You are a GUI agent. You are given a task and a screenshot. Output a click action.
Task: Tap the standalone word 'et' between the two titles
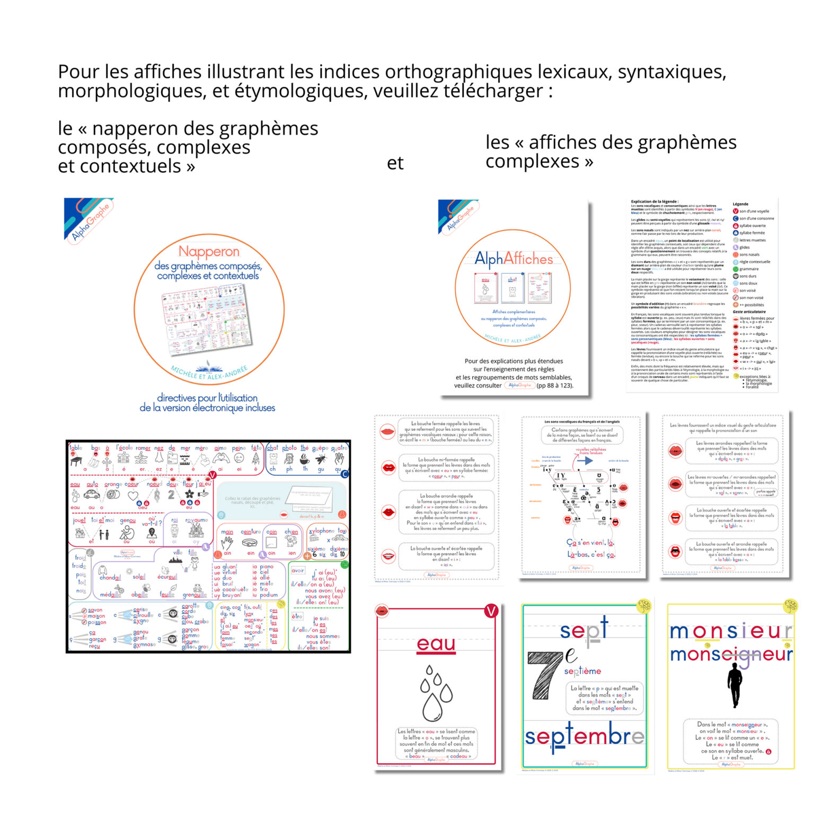(x=395, y=163)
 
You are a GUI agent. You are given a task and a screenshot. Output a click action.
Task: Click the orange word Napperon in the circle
(x=209, y=251)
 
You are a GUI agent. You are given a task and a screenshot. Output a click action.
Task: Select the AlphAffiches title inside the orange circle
(x=513, y=259)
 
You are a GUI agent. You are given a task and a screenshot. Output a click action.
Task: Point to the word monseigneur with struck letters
(x=731, y=656)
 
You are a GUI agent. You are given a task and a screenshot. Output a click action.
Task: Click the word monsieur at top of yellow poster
(x=731, y=631)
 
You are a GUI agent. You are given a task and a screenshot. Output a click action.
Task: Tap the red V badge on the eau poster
(x=491, y=612)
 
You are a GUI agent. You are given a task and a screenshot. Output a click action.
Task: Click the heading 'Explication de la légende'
(x=654, y=201)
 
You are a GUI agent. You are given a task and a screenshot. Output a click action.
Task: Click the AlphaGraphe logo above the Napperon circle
(x=89, y=219)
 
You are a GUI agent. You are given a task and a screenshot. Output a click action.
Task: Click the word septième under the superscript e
(x=582, y=671)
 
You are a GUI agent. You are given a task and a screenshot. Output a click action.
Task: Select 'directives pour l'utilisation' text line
(x=207, y=397)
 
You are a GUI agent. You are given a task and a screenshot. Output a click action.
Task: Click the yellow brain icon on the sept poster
(x=643, y=606)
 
